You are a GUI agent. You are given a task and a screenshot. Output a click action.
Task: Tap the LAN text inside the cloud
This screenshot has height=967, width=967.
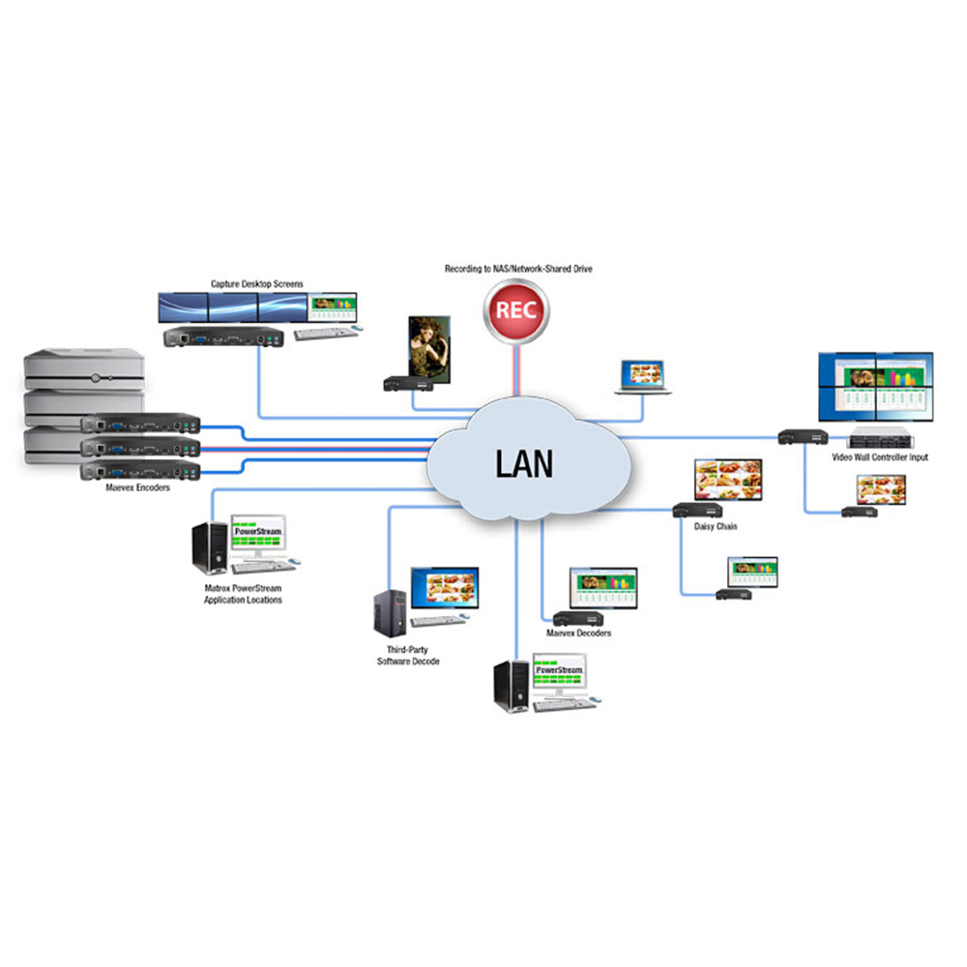[524, 462]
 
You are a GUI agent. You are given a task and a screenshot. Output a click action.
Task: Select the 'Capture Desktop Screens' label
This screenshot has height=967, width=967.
[257, 283]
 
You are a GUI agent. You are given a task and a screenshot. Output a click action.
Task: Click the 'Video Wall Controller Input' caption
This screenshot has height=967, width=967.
[879, 457]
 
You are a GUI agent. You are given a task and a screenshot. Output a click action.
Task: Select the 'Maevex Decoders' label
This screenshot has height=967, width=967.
[578, 633]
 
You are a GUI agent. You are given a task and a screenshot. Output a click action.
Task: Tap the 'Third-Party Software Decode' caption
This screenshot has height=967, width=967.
[408, 656]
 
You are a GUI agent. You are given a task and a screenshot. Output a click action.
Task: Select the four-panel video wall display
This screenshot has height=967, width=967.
[875, 387]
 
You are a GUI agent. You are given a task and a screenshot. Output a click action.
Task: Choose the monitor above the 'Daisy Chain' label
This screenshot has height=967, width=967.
[728, 479]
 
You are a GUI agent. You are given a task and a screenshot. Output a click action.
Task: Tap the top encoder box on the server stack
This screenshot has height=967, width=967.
[140, 424]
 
